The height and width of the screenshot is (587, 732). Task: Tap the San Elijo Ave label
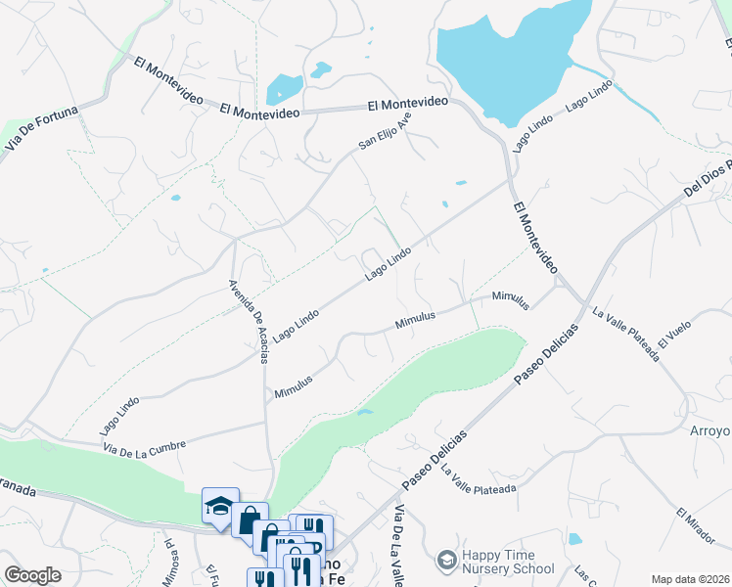click(385, 130)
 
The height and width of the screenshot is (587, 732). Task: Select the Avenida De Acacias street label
click(249, 321)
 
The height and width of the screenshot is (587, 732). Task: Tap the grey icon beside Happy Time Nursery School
click(447, 560)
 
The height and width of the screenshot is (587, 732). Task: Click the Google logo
click(32, 575)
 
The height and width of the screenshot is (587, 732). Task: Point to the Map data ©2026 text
click(689, 579)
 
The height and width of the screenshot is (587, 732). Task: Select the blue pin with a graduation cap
click(220, 505)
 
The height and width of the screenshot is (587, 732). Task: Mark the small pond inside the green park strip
click(365, 413)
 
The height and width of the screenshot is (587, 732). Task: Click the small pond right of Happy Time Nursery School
click(574, 539)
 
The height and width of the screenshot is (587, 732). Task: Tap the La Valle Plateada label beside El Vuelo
click(626, 334)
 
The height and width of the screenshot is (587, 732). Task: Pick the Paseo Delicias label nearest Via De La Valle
click(435, 460)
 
